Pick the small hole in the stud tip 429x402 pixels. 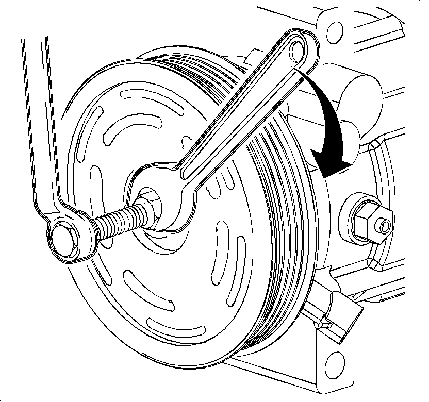pos(383,225)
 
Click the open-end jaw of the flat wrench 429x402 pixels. pos(155,198)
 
